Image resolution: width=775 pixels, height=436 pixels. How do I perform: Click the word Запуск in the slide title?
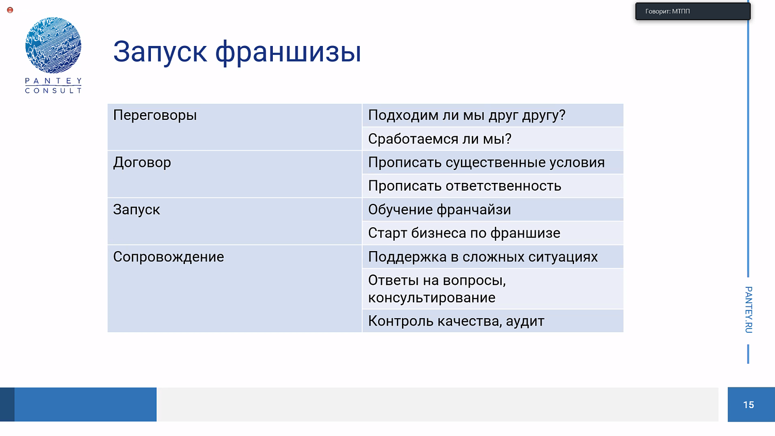coord(160,52)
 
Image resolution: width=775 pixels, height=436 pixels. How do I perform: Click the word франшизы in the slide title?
coord(288,52)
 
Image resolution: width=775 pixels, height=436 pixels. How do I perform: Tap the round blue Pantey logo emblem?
coord(53,45)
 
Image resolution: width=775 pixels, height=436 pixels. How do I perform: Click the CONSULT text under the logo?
coord(53,90)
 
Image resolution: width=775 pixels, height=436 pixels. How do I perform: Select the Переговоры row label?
coord(155,115)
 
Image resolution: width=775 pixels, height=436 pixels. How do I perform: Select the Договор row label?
coord(142,162)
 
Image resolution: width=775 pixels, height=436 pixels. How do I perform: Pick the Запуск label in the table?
coord(136,210)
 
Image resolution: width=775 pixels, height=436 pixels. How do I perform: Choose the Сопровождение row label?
coord(168,257)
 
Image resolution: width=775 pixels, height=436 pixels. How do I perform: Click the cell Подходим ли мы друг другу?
coord(467,115)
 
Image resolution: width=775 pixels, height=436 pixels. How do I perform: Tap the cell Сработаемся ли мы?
coord(440,139)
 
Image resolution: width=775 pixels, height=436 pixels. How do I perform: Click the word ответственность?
coord(503,186)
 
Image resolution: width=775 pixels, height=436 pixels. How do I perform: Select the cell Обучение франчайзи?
coord(440,210)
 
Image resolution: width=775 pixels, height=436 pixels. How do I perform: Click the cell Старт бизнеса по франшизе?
coord(464,233)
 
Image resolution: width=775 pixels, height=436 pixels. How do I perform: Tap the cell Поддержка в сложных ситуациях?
coord(483,257)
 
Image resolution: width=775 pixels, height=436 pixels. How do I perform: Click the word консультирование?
coord(431,298)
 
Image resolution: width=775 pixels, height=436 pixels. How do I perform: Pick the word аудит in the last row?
coord(525,321)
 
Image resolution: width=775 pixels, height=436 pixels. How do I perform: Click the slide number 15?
coord(749,405)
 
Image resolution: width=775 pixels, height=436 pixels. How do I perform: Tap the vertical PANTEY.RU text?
coord(749,309)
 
